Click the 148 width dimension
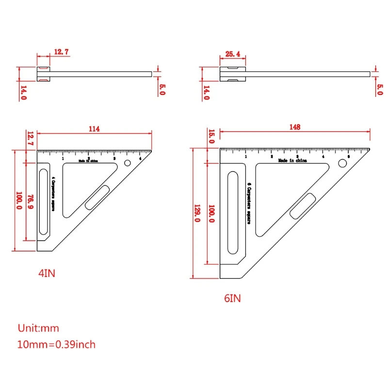pyautogui.click(x=294, y=127)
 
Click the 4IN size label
pyautogui.click(x=47, y=273)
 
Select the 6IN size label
pyautogui.click(x=232, y=298)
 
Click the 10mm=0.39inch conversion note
pyautogui.click(x=57, y=345)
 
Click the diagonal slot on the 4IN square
pyautogui.click(x=97, y=197)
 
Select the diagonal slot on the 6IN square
pyautogui.click(x=303, y=206)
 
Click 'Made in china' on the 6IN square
pyautogui.click(x=292, y=160)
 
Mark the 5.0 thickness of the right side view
pyautogui.click(x=379, y=89)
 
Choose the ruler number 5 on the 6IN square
pyautogui.click(x=348, y=156)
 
